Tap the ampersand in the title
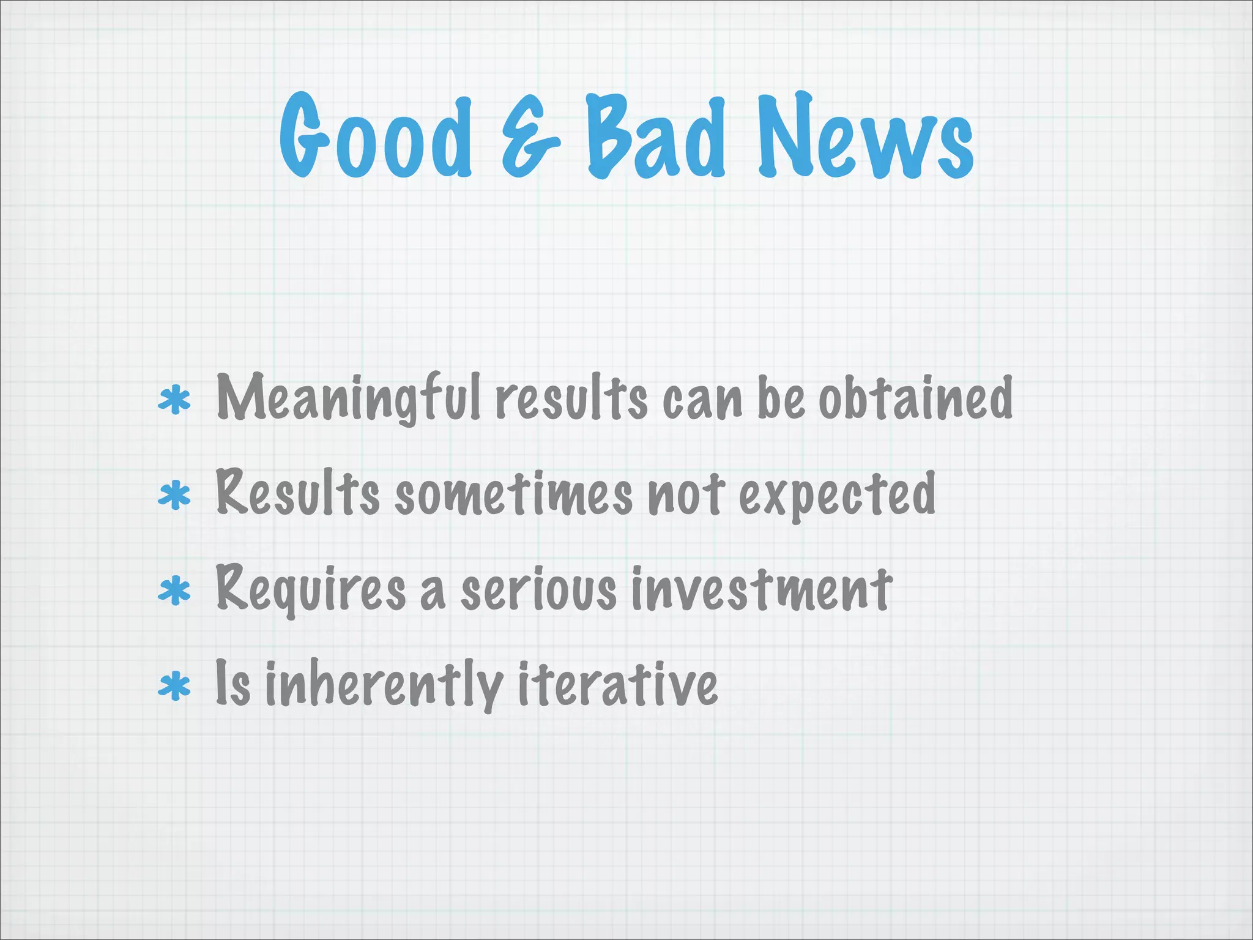point(530,138)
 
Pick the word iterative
point(618,684)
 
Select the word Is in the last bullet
point(232,684)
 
